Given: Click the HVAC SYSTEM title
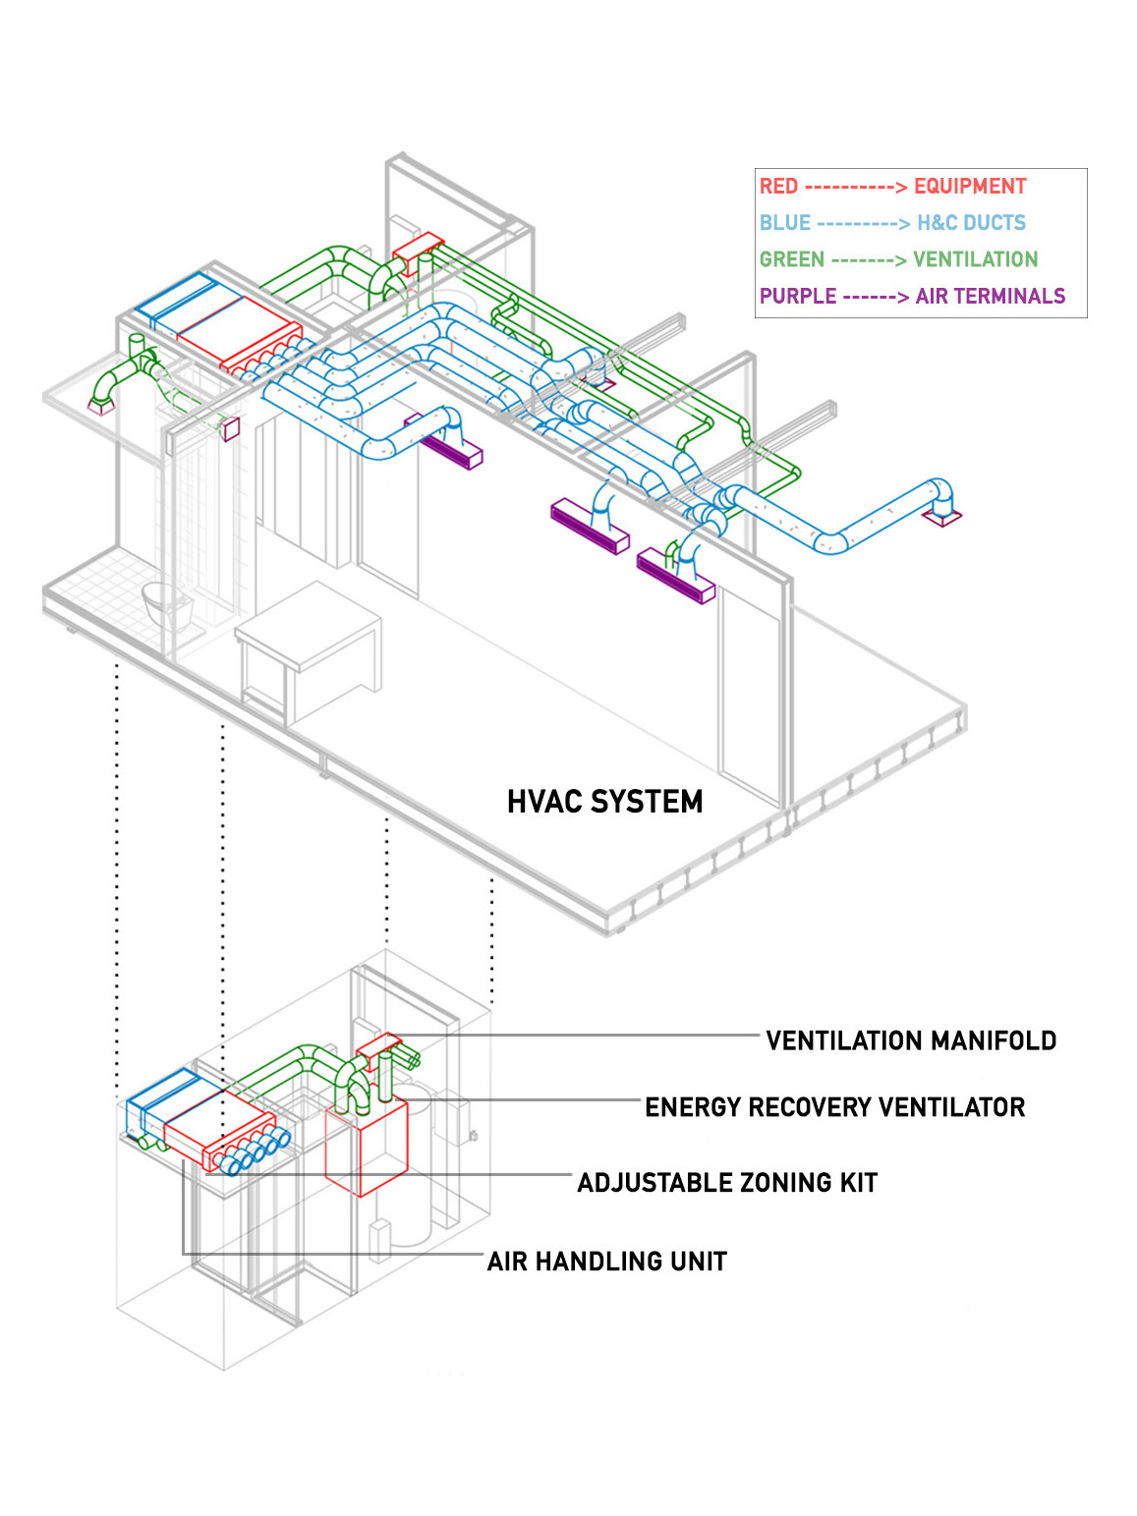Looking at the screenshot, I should point(604,802).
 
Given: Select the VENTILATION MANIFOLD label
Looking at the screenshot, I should point(910,1040).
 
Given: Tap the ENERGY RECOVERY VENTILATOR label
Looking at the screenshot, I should point(834,1107).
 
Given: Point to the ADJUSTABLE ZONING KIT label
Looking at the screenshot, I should point(726,1182).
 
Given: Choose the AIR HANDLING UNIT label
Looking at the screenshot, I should point(606,1261).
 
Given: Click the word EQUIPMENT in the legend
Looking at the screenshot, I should point(969,187).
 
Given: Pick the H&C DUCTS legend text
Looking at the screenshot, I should point(970,223).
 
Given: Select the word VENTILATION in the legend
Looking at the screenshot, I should point(975,259).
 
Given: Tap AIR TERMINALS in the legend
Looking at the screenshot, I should point(990,296).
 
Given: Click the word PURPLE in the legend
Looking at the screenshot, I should point(797,296).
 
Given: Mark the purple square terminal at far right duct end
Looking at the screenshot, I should point(943,516).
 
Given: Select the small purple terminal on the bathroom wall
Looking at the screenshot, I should point(232,428).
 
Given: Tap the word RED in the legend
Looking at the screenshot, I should point(778,187).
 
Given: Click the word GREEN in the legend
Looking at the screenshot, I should point(791,259).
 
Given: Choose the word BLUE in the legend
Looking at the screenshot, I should point(784,223).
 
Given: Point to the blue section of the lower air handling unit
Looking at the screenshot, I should point(162,1100).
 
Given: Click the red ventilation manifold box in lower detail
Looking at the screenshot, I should point(377,1045).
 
